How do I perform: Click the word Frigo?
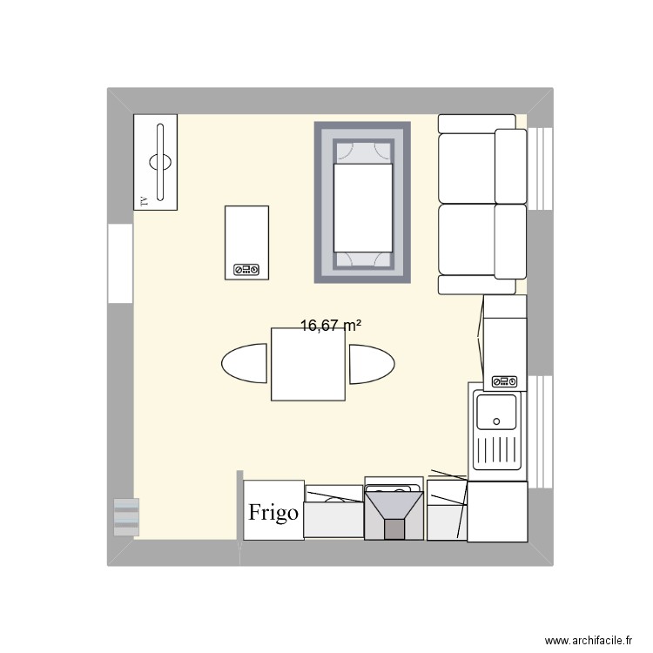click(x=273, y=512)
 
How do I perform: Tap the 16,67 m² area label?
click(x=331, y=326)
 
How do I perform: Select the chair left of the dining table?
click(x=245, y=363)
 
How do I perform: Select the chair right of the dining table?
click(x=371, y=363)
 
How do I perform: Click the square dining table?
click(x=307, y=364)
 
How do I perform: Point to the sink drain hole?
click(x=497, y=421)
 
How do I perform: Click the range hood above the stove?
click(x=394, y=514)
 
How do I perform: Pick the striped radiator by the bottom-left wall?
click(x=126, y=516)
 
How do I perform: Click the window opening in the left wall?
click(x=120, y=264)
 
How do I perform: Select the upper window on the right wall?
click(x=541, y=169)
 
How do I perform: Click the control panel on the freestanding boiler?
click(x=246, y=270)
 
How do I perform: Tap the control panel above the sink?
click(x=505, y=381)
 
